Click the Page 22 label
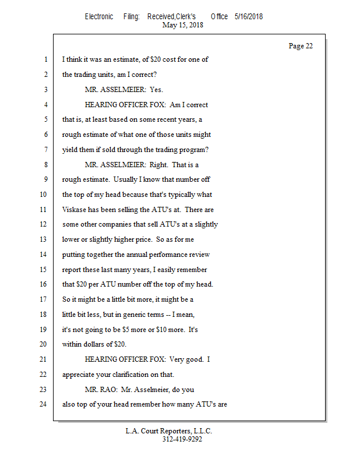coord(301,46)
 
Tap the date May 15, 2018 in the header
coord(183,25)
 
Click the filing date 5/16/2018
coord(249,16)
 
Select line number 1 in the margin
coord(45,59)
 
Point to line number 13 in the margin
coord(43,239)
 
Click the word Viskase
coord(75,209)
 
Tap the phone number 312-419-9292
coord(182,440)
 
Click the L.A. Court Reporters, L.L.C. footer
coord(169,431)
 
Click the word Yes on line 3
coord(156,89)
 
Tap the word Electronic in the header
coord(99,16)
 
